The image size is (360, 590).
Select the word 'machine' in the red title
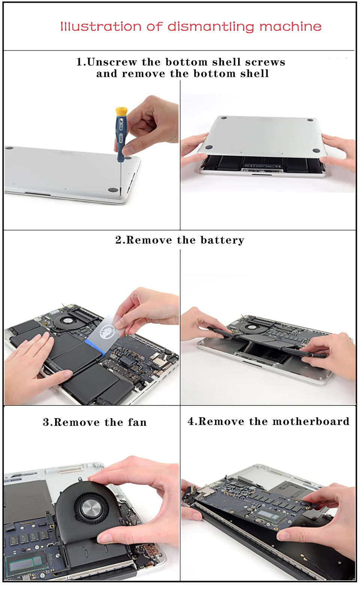pos(291,26)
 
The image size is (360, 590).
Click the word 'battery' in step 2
pos(222,240)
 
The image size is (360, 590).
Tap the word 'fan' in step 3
pos(137,422)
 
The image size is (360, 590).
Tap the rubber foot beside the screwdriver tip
pos(112,189)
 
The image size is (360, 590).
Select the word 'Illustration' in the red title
pos(101,27)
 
